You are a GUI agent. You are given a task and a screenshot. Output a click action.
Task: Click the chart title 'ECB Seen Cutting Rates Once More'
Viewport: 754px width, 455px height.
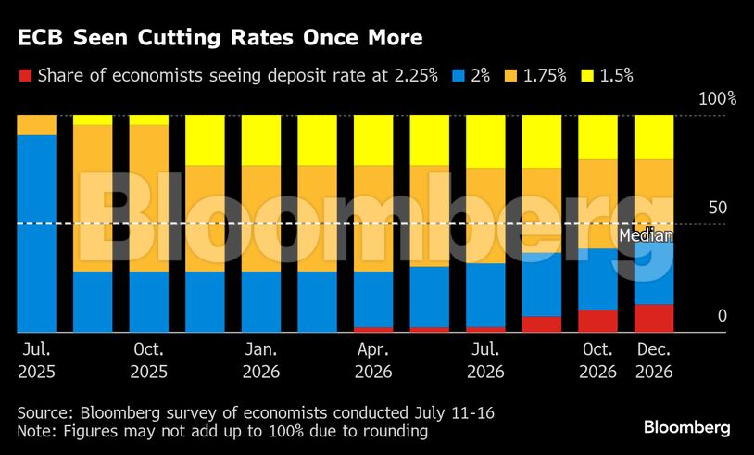pyautogui.click(x=219, y=38)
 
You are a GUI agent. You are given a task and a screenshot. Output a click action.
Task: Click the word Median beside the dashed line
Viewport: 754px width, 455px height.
pyautogui.click(x=646, y=235)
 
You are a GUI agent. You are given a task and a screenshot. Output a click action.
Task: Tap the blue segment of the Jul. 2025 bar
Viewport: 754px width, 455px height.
pyautogui.click(x=37, y=232)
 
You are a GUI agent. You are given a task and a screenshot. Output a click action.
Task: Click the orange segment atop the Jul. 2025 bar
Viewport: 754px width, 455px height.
pyautogui.click(x=37, y=125)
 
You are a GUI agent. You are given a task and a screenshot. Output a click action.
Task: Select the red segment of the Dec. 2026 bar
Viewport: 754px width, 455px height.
pyautogui.click(x=654, y=318)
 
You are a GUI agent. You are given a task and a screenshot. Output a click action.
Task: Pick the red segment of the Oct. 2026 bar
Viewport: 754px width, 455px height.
pyautogui.click(x=597, y=321)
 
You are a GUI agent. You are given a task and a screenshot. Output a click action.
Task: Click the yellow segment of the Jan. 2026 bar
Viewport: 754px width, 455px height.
pyautogui.click(x=261, y=140)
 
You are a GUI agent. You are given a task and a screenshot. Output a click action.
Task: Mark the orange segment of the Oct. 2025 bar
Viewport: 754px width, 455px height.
pyautogui.click(x=149, y=197)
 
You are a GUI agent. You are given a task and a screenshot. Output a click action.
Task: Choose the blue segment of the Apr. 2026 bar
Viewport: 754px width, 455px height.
pyautogui.click(x=373, y=298)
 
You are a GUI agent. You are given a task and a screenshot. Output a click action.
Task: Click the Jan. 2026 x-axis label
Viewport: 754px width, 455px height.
pyautogui.click(x=261, y=362)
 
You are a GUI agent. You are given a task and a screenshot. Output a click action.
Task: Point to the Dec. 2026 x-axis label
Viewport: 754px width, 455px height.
pyautogui.click(x=654, y=362)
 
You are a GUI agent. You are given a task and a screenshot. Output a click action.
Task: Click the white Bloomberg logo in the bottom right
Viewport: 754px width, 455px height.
pyautogui.click(x=686, y=427)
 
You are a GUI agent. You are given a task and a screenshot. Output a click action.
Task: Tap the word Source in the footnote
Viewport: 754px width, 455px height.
pyautogui.click(x=44, y=411)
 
